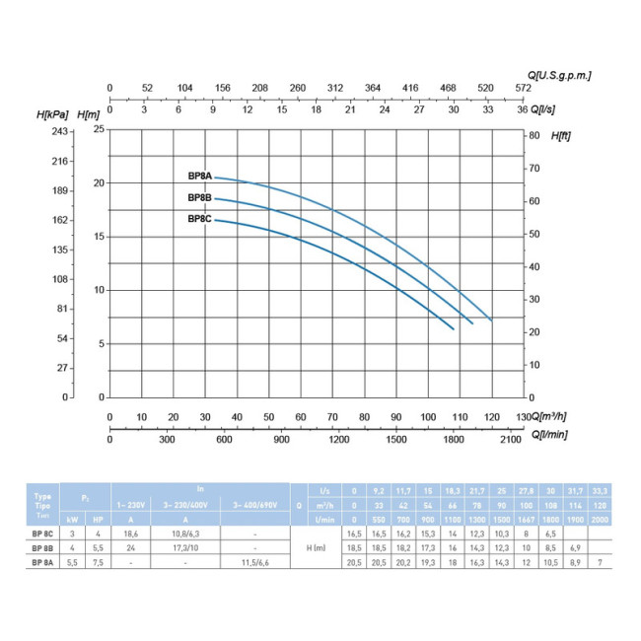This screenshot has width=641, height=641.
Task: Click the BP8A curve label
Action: point(200,176)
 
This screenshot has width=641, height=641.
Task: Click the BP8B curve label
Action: point(200,198)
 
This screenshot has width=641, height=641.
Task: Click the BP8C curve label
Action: point(200,219)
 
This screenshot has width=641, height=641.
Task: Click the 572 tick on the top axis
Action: point(523,88)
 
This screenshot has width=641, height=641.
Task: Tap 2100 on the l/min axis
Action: point(510,441)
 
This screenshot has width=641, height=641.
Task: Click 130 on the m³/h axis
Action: point(523,416)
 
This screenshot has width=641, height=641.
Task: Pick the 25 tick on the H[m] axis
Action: point(98,129)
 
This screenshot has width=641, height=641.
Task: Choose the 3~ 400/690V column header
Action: point(254,504)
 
